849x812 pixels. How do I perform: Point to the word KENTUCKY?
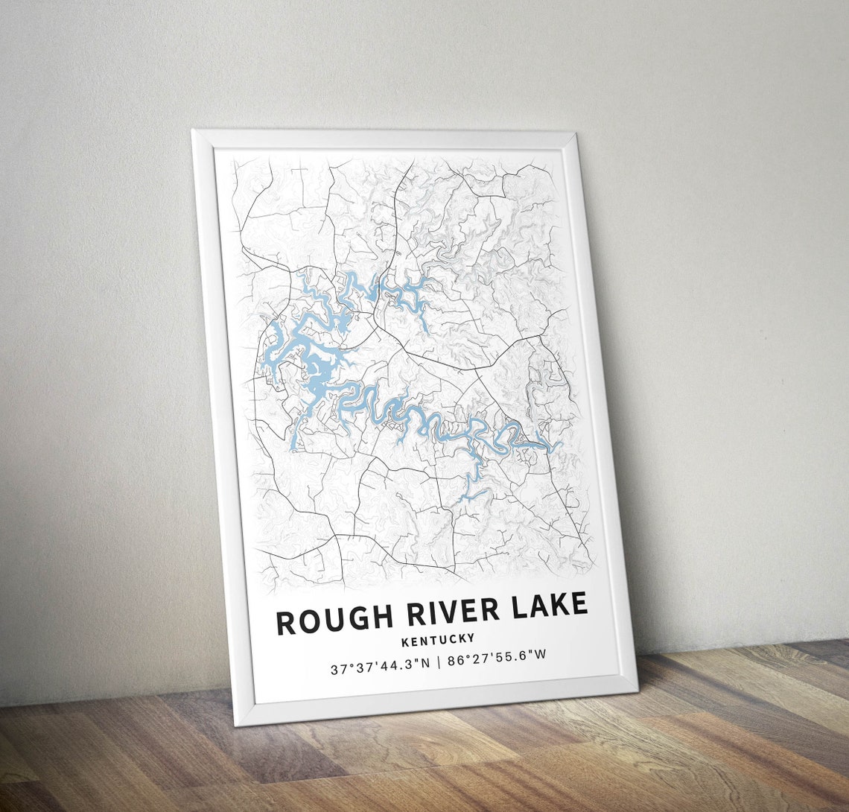pyautogui.click(x=437, y=639)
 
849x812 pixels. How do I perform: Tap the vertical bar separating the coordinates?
pyautogui.click(x=439, y=662)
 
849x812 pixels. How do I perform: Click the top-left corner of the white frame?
pyautogui.click(x=192, y=131)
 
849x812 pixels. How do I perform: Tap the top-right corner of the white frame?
pyautogui.click(x=576, y=133)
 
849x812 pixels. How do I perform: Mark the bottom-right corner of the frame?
pyautogui.click(x=637, y=689)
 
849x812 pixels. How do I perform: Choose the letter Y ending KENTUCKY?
pyautogui.click(x=470, y=638)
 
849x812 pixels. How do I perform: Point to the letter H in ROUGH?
pyautogui.click(x=382, y=616)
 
